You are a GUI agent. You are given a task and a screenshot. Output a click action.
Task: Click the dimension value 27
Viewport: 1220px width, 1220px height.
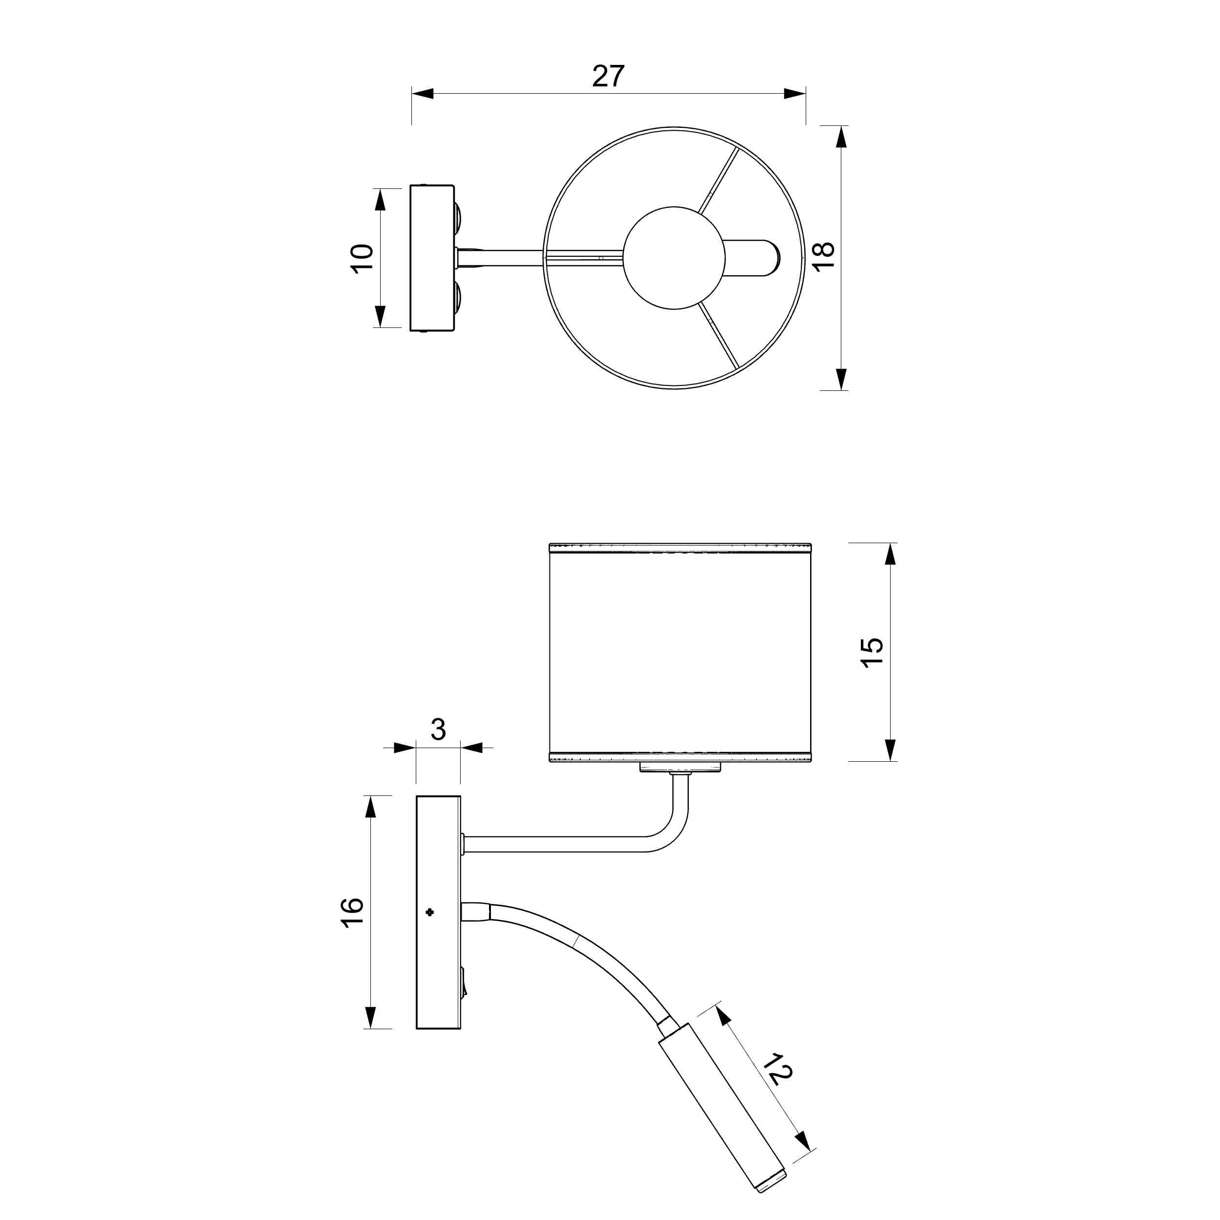[608, 76]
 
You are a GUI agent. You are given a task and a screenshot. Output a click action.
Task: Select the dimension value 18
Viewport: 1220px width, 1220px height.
[823, 256]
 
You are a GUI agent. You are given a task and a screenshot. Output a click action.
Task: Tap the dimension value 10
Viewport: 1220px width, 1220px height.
[363, 258]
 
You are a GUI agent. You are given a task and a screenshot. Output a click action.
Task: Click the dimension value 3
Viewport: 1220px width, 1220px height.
[438, 730]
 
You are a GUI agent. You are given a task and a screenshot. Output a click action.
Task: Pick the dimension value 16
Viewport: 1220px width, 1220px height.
[352, 913]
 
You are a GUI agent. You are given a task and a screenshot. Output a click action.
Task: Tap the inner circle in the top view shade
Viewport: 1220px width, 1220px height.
[674, 258]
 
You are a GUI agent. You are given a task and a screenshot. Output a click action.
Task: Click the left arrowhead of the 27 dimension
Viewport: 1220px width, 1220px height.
[423, 94]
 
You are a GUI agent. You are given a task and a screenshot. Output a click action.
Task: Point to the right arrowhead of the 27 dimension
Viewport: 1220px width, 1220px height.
[795, 94]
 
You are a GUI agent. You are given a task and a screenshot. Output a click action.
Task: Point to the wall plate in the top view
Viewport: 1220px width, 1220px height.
[432, 258]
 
